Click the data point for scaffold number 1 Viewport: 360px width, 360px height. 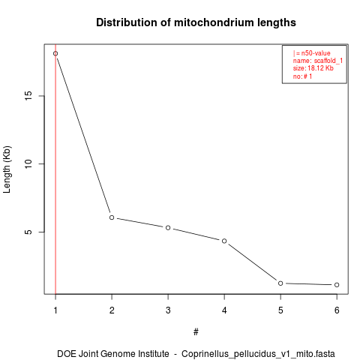(x=55, y=53)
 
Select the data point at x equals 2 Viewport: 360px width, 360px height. (x=112, y=217)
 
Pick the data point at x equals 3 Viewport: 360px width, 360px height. (x=168, y=228)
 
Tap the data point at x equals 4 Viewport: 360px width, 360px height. (x=224, y=241)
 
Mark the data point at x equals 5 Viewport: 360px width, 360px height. (x=280, y=283)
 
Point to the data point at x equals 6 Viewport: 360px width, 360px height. (x=337, y=285)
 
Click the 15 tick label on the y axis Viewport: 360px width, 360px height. (x=28, y=96)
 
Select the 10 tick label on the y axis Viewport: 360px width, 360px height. (x=28, y=163)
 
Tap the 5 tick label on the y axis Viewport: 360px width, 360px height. (x=28, y=232)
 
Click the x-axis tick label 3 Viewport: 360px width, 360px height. (x=168, y=310)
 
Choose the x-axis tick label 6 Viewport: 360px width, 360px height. (x=337, y=310)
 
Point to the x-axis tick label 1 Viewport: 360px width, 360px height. (x=55, y=310)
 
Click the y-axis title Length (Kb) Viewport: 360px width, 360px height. (x=7, y=169)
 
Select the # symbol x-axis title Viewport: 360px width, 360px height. (x=196, y=332)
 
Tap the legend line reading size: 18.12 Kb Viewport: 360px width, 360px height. (x=313, y=68)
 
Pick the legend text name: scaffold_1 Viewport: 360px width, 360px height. (x=318, y=61)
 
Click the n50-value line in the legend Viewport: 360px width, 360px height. (x=312, y=53)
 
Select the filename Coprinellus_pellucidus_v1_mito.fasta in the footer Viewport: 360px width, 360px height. (x=258, y=354)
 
